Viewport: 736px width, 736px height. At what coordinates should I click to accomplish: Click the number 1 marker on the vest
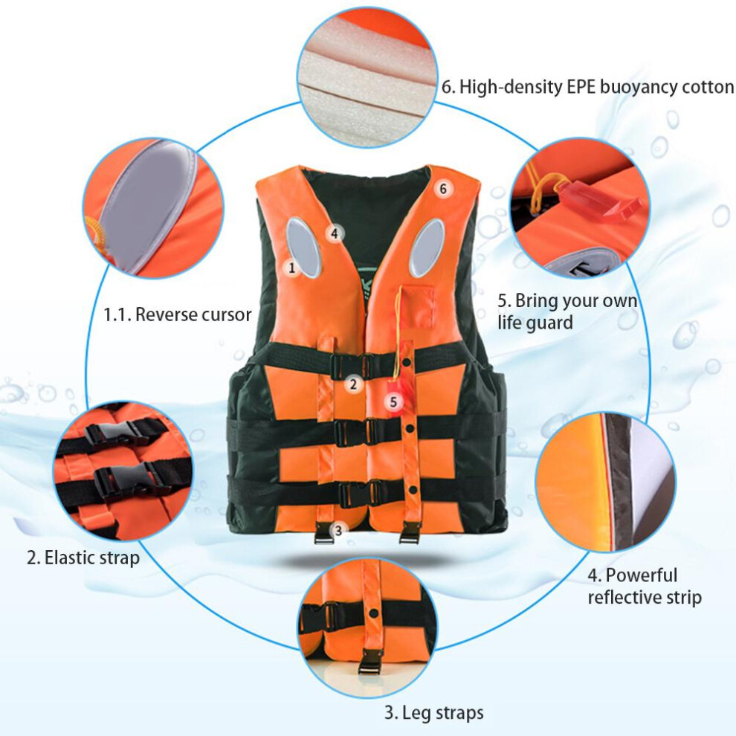point(292,268)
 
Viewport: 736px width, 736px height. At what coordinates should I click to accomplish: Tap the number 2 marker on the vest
point(353,384)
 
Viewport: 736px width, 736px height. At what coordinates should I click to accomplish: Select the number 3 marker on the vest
point(338,530)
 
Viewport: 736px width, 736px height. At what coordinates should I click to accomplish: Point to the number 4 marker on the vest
point(335,233)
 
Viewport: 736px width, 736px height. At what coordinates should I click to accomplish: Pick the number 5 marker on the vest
point(393,401)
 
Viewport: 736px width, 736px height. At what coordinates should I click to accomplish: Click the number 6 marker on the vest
point(442,189)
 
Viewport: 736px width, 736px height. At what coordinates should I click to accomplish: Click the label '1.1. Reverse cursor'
point(178,314)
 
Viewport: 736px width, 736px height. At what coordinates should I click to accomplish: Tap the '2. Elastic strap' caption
point(83,558)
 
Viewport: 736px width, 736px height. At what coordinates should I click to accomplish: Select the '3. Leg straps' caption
point(433,713)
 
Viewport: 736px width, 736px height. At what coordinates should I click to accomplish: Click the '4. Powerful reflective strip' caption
point(645,587)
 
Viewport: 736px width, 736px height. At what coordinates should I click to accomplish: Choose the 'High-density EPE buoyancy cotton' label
point(596,87)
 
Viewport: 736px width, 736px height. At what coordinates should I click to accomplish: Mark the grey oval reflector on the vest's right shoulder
point(427,248)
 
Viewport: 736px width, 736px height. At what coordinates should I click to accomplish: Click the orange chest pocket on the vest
point(417,306)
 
